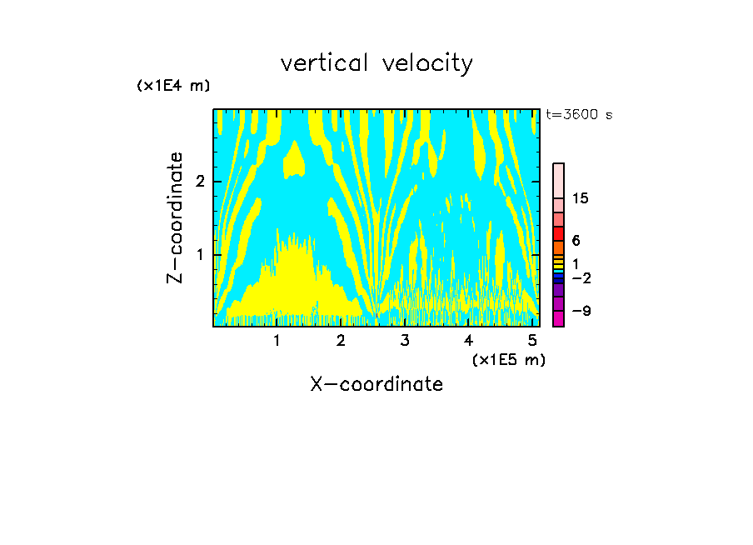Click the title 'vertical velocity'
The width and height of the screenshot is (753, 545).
[x=376, y=63]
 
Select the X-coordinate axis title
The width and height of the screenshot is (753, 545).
[x=376, y=384]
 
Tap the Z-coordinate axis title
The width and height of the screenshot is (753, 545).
[x=175, y=217]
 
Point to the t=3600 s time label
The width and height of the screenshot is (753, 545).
[x=579, y=115]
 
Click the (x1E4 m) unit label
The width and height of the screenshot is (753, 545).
[x=173, y=86]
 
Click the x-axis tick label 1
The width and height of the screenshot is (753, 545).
[x=277, y=341]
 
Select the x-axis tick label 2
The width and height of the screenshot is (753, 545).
[x=340, y=341]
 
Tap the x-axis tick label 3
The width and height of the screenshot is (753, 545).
[x=404, y=341]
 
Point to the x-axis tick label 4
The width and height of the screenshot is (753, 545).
[x=468, y=341]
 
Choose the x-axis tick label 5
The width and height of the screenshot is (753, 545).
[x=532, y=341]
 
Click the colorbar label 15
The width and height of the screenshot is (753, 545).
[x=581, y=198]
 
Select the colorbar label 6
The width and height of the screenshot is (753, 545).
[x=576, y=241]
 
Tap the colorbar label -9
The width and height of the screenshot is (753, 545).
[x=581, y=312]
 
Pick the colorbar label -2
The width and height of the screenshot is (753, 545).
[x=581, y=278]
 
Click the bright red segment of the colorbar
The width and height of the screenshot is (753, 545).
[x=558, y=233]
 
